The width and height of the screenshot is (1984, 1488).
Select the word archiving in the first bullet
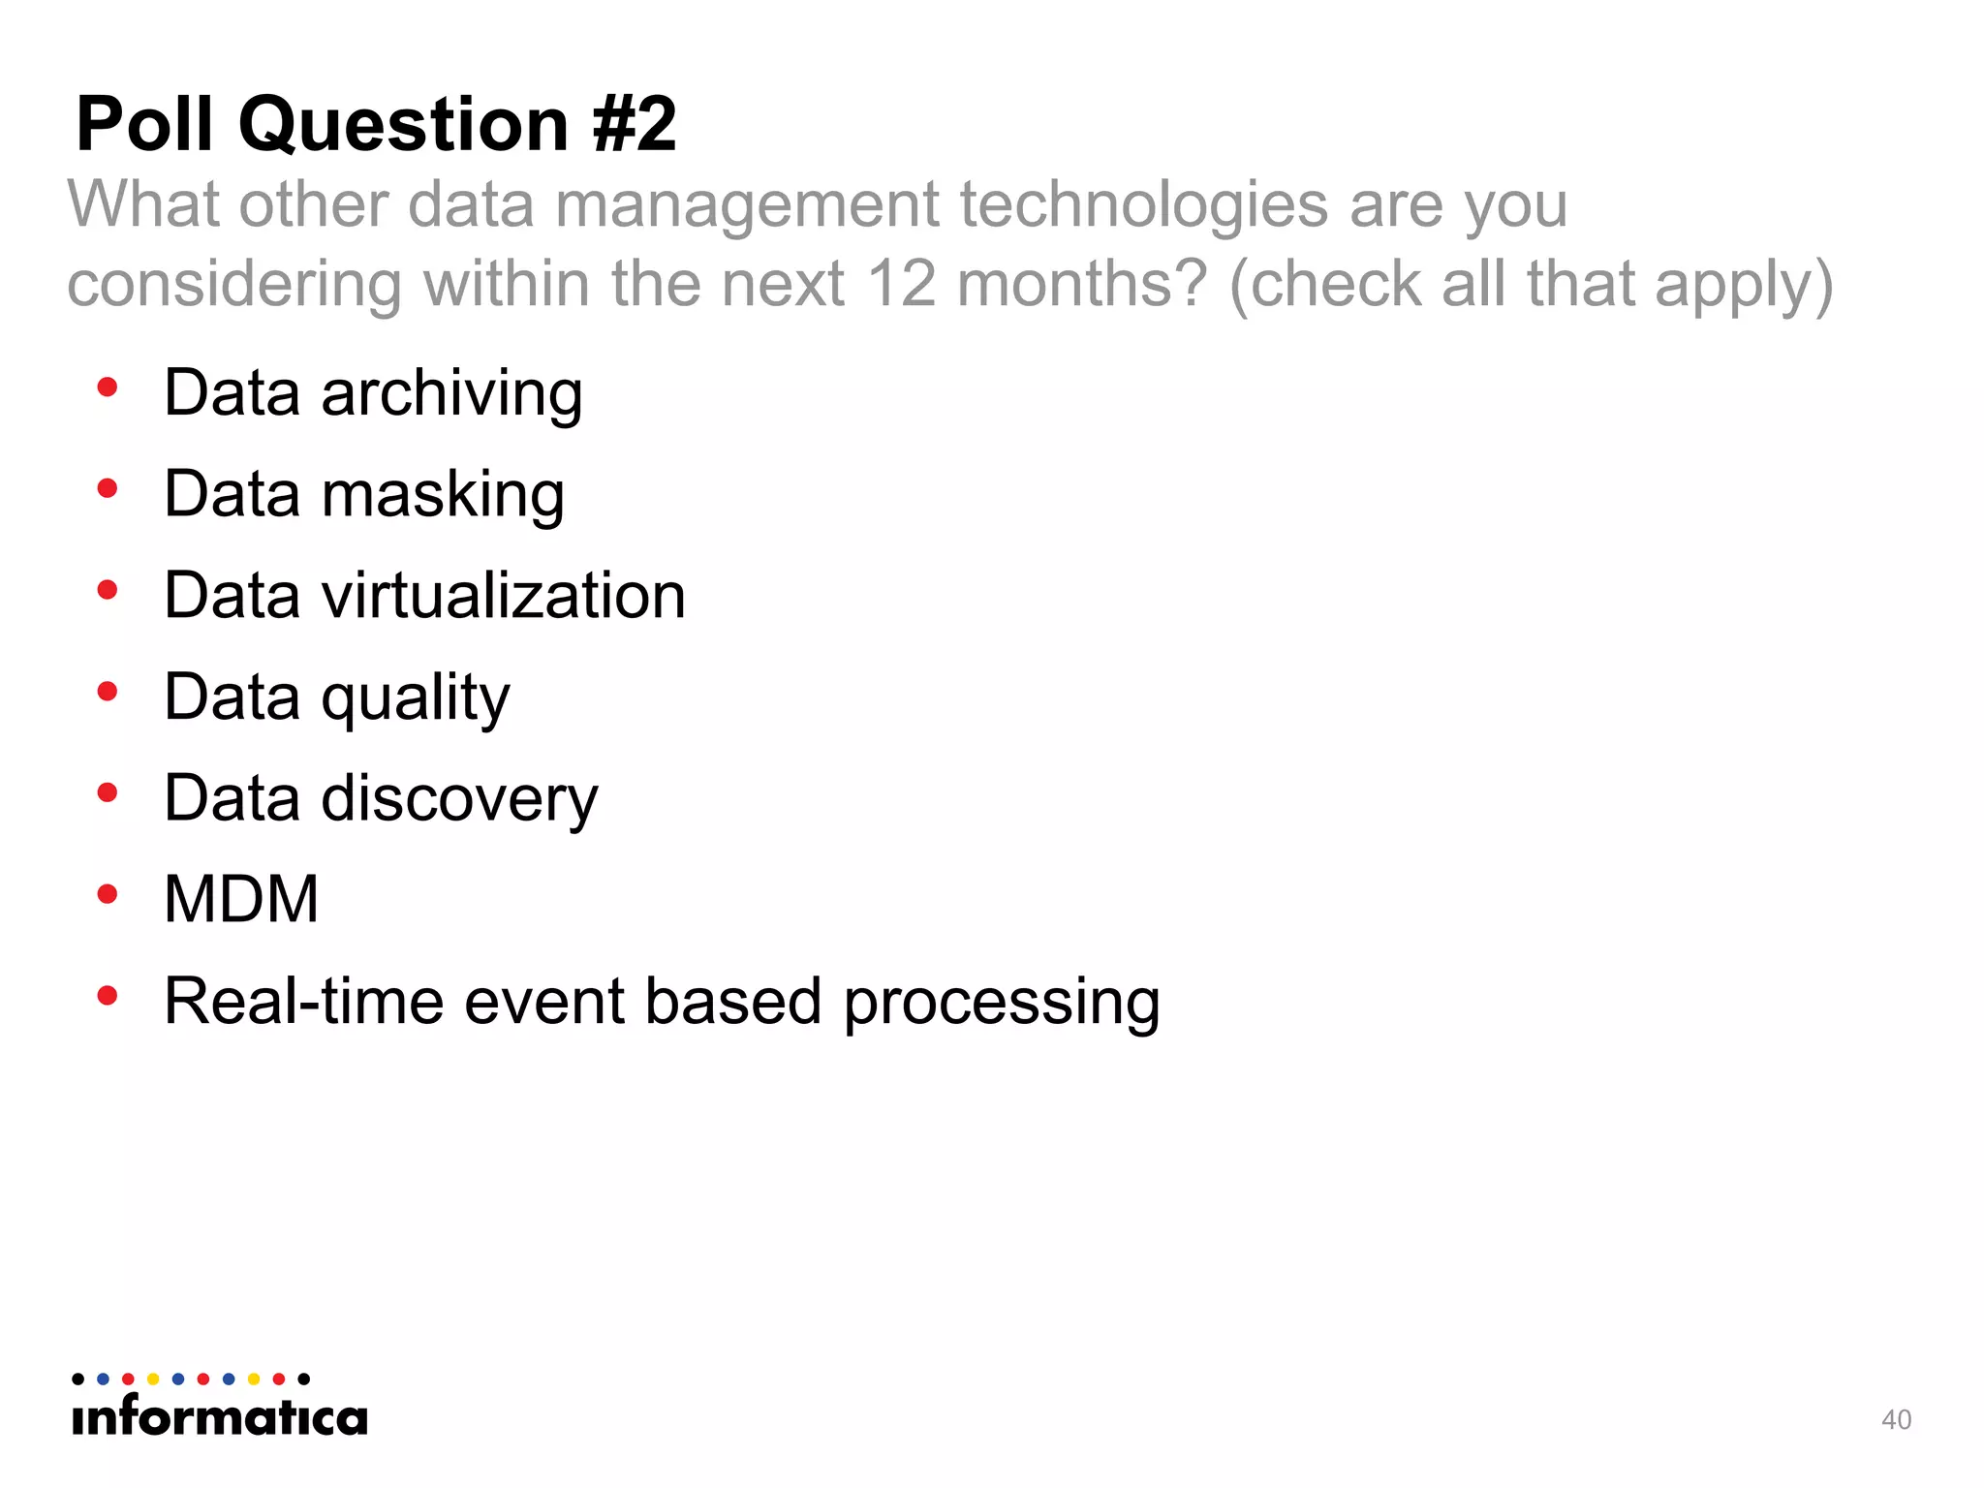click(451, 394)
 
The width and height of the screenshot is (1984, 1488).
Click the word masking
click(443, 495)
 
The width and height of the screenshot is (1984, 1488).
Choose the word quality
click(416, 697)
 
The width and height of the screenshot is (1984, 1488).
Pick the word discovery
click(459, 799)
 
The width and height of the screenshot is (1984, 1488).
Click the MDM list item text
click(241, 899)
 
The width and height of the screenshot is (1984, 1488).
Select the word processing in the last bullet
click(1002, 1003)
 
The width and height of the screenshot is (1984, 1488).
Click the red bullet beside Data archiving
click(108, 387)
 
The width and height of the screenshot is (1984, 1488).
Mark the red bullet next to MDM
click(108, 894)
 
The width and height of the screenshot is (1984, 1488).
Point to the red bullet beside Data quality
click(108, 692)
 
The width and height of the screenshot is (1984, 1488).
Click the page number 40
click(1896, 1419)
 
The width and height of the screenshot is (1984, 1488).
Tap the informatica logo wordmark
click(220, 1417)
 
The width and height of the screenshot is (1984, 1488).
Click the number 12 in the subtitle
click(901, 284)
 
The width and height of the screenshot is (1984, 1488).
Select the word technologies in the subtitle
click(1143, 205)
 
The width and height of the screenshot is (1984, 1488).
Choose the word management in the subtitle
click(747, 205)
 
